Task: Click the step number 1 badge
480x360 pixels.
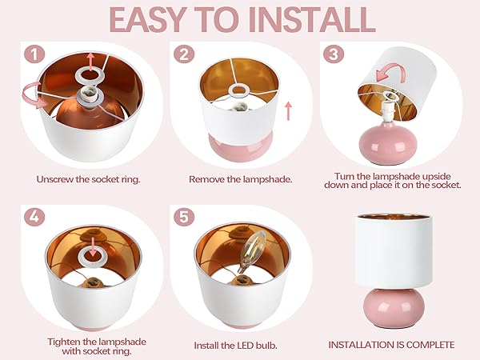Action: point(34,54)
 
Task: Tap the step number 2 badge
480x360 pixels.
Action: point(184,54)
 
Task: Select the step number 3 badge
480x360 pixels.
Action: point(334,54)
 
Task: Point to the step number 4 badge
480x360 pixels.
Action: point(34,217)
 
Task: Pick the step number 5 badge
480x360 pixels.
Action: point(184,217)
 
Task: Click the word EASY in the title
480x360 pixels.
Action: point(147,20)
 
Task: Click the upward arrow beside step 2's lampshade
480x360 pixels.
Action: point(288,111)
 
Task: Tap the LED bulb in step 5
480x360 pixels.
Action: point(252,252)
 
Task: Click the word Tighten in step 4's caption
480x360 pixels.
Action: point(64,342)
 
